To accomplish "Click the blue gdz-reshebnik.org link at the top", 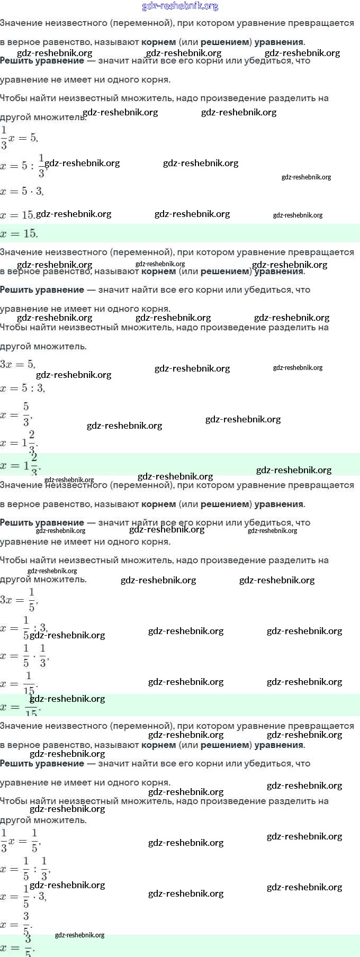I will point(180,6).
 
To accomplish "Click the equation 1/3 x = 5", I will point(19,138).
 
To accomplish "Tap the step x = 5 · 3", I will point(22,191).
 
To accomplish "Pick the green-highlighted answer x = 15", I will point(19,233).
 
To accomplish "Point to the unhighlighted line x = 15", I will point(17,215).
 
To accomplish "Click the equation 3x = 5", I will point(17,364).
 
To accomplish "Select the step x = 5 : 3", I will point(22,388).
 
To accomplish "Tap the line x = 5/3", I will point(16,414).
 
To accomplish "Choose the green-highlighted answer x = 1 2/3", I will point(20,464).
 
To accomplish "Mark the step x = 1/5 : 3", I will point(24,628).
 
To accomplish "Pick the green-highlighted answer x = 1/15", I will point(21,707).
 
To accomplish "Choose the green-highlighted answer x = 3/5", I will point(17,947).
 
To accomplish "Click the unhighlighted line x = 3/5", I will point(16,924).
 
